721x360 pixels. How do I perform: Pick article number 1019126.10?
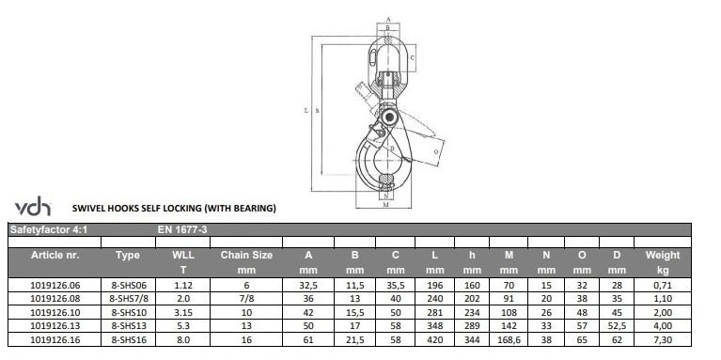(x=55, y=313)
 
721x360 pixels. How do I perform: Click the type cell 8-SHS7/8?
(x=129, y=299)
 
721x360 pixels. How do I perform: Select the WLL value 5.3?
(x=183, y=326)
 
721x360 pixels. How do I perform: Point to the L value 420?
(x=435, y=340)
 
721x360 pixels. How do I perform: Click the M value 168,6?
(x=509, y=340)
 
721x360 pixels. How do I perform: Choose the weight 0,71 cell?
(x=663, y=286)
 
